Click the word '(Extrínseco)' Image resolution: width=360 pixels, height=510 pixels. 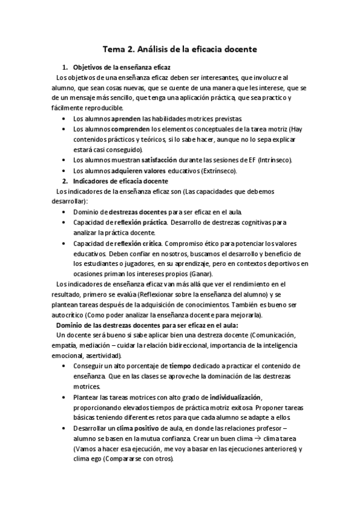(218, 171)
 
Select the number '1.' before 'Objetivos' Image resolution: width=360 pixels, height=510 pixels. (66, 68)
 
